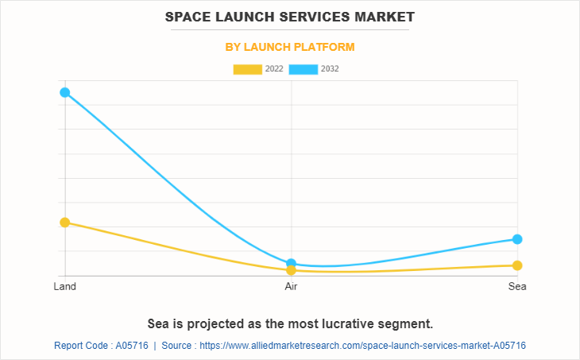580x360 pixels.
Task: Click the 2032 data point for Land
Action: click(64, 92)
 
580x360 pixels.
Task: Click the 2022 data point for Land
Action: click(64, 223)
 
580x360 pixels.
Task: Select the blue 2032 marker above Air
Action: click(291, 263)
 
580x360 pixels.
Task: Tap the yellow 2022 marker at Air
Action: click(291, 270)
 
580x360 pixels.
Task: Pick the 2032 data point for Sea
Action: click(517, 239)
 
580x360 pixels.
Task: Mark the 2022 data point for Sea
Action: click(517, 265)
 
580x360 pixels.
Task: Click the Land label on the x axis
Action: click(64, 286)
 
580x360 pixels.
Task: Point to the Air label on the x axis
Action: click(291, 286)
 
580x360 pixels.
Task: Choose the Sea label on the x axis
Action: click(517, 286)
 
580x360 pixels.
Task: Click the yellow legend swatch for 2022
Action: click(247, 69)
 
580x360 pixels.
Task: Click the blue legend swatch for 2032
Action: click(304, 69)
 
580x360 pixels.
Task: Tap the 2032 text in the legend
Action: click(330, 69)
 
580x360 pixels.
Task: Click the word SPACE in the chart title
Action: click(191, 16)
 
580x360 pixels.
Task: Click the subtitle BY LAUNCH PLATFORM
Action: click(290, 47)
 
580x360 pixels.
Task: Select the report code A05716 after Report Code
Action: click(131, 346)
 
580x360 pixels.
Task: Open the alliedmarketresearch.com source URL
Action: click(362, 346)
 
